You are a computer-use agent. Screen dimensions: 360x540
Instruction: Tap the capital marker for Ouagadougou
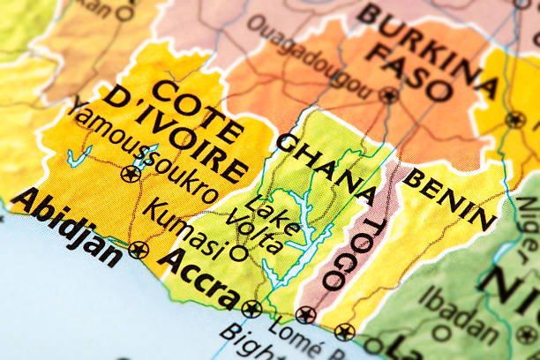click(x=388, y=95)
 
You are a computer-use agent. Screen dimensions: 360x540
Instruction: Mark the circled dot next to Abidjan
click(x=138, y=250)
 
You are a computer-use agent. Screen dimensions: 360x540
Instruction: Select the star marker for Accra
click(x=251, y=309)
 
